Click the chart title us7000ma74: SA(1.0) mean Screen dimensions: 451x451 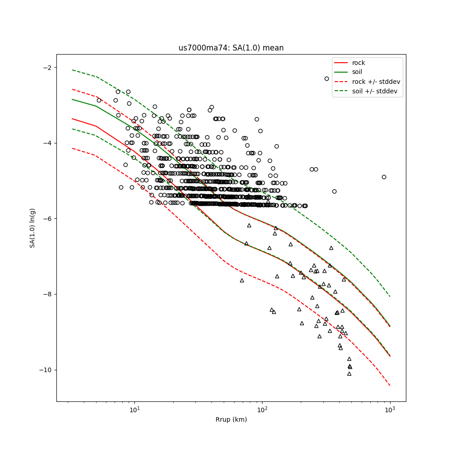click(x=231, y=48)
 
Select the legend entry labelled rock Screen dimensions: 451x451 click(x=359, y=63)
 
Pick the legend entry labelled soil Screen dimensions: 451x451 click(x=357, y=72)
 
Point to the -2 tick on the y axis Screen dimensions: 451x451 click(x=47, y=68)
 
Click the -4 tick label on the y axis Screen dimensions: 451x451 click(x=47, y=143)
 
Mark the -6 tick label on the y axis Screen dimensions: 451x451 click(x=47, y=219)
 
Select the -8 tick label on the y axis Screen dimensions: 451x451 click(x=47, y=294)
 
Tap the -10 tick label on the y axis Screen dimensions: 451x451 click(x=45, y=370)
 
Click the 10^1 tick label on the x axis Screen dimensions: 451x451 click(x=134, y=410)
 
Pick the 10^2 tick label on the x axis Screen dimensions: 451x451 click(x=262, y=410)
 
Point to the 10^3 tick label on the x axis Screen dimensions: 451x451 click(x=390, y=410)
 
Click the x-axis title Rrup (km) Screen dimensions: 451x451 click(x=231, y=420)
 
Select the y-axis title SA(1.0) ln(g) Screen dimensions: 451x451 click(x=32, y=228)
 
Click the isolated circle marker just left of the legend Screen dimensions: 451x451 click(x=327, y=78)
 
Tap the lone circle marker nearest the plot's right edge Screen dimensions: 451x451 click(x=384, y=177)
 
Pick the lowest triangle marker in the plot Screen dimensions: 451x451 click(x=349, y=373)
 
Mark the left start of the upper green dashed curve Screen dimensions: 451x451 click(x=72, y=70)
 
